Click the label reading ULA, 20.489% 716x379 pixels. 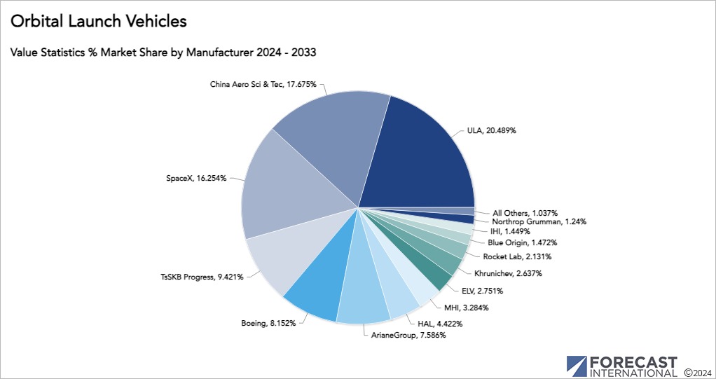pos(492,130)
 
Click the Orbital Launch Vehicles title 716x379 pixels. pos(98,22)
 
